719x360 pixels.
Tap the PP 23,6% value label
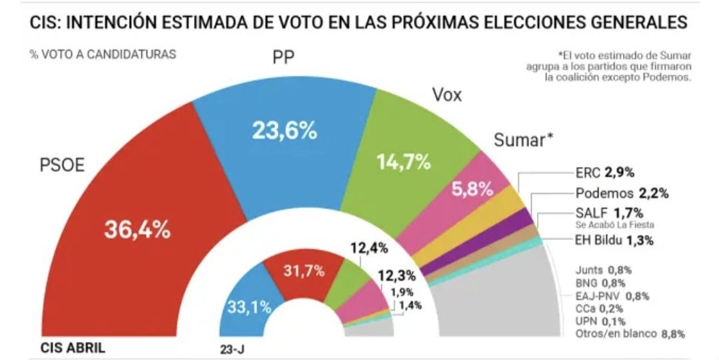pyautogui.click(x=284, y=131)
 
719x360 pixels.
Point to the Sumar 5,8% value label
pyautogui.click(x=472, y=189)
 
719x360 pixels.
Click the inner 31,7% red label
pyautogui.click(x=304, y=271)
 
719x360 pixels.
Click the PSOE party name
pyautogui.click(x=61, y=165)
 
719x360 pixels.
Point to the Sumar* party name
pyautogui.click(x=524, y=139)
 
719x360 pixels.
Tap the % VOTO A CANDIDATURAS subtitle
pyautogui.click(x=103, y=55)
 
